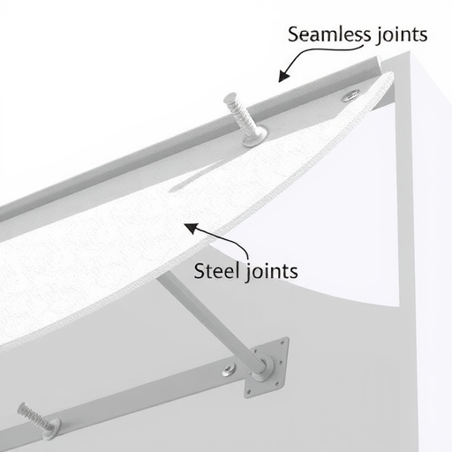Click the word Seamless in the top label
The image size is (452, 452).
pos(329,34)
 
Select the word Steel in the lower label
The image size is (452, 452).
pos(216,270)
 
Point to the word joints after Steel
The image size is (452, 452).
pos(271,272)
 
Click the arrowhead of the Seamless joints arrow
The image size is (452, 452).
pos(283,76)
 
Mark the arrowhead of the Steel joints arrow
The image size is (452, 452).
pos(191,228)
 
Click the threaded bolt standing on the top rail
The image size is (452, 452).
pos(242,116)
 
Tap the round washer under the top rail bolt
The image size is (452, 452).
pos(255,137)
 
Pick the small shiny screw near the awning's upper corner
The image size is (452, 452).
pos(350,95)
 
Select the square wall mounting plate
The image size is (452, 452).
pos(267,368)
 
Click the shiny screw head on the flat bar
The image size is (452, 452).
pos(229,370)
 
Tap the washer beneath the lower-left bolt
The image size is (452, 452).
pos(52,429)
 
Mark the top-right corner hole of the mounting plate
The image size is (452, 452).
pos(282,343)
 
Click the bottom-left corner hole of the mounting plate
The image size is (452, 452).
pos(249,392)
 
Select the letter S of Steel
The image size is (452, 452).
pos(200,270)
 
